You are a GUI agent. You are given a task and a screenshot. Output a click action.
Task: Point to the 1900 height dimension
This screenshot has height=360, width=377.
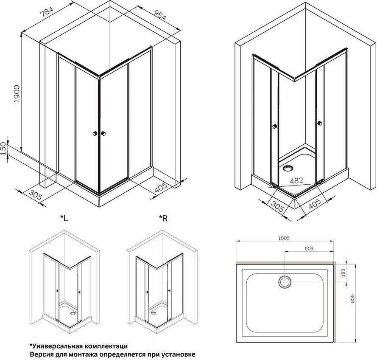click(17, 94)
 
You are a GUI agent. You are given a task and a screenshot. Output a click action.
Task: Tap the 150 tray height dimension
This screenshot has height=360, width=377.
click(3, 149)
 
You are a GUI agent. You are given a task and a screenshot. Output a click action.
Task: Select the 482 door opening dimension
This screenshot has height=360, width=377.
click(296, 180)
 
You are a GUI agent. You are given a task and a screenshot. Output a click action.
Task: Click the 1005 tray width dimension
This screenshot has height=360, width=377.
click(284, 238)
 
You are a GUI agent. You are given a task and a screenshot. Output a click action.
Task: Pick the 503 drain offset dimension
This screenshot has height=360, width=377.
click(309, 249)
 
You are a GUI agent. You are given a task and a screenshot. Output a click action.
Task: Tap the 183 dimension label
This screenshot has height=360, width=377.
click(343, 273)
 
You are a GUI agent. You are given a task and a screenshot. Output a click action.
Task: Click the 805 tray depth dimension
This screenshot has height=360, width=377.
click(353, 298)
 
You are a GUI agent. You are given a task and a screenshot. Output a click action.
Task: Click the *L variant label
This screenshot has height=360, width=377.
click(64, 218)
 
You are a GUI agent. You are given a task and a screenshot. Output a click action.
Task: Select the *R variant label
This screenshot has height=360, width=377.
click(163, 218)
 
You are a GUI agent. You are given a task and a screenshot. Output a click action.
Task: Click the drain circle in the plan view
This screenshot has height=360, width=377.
click(285, 281)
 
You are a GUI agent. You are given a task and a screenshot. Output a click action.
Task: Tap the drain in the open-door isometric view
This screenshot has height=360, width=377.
click(288, 168)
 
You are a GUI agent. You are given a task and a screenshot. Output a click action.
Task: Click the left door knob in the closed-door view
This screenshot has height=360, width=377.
click(95, 133)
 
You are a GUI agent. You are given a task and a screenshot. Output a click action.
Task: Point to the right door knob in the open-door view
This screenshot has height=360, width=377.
click(319, 123)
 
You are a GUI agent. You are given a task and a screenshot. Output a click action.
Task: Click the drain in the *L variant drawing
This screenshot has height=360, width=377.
click(73, 313)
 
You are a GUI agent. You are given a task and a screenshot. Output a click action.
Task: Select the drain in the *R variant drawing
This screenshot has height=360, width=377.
click(154, 313)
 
